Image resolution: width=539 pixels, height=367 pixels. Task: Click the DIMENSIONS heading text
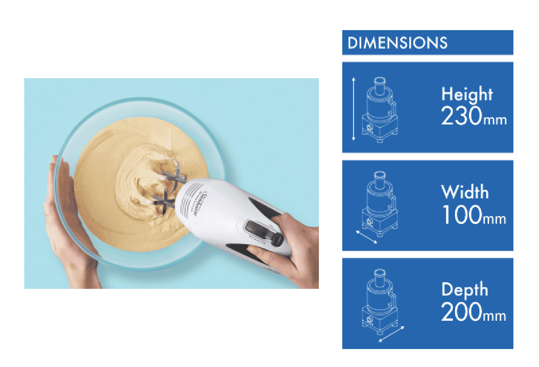pyautogui.click(x=398, y=43)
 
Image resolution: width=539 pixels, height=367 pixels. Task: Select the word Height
pyautogui.click(x=467, y=94)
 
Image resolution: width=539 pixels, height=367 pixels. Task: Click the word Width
pyautogui.click(x=464, y=192)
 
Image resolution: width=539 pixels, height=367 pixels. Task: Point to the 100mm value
pyautogui.click(x=473, y=215)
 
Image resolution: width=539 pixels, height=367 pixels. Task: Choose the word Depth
pyautogui.click(x=464, y=290)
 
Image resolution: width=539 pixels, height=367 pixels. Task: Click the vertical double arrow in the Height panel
pyautogui.click(x=354, y=108)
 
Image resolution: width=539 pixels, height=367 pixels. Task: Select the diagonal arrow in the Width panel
pyautogui.click(x=366, y=237)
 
